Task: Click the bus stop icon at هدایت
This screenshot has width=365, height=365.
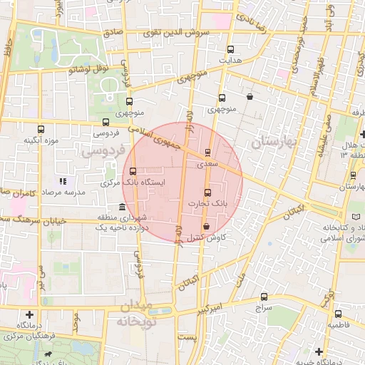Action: click(230, 50)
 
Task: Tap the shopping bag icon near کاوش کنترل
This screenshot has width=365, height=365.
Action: click(207, 226)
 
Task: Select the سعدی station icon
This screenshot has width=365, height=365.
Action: click(207, 153)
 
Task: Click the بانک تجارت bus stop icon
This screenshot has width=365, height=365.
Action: click(208, 192)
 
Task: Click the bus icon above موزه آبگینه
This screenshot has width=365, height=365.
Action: click(41, 129)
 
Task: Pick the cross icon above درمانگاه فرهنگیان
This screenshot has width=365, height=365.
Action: click(29, 314)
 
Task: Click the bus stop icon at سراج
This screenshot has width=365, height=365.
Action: click(264, 297)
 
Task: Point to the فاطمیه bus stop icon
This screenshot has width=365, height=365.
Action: click(338, 313)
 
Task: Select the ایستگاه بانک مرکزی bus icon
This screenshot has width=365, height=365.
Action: click(132, 170)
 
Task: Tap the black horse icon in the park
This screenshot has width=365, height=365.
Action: click(48, 354)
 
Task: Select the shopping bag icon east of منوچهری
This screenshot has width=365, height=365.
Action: click(250, 96)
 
